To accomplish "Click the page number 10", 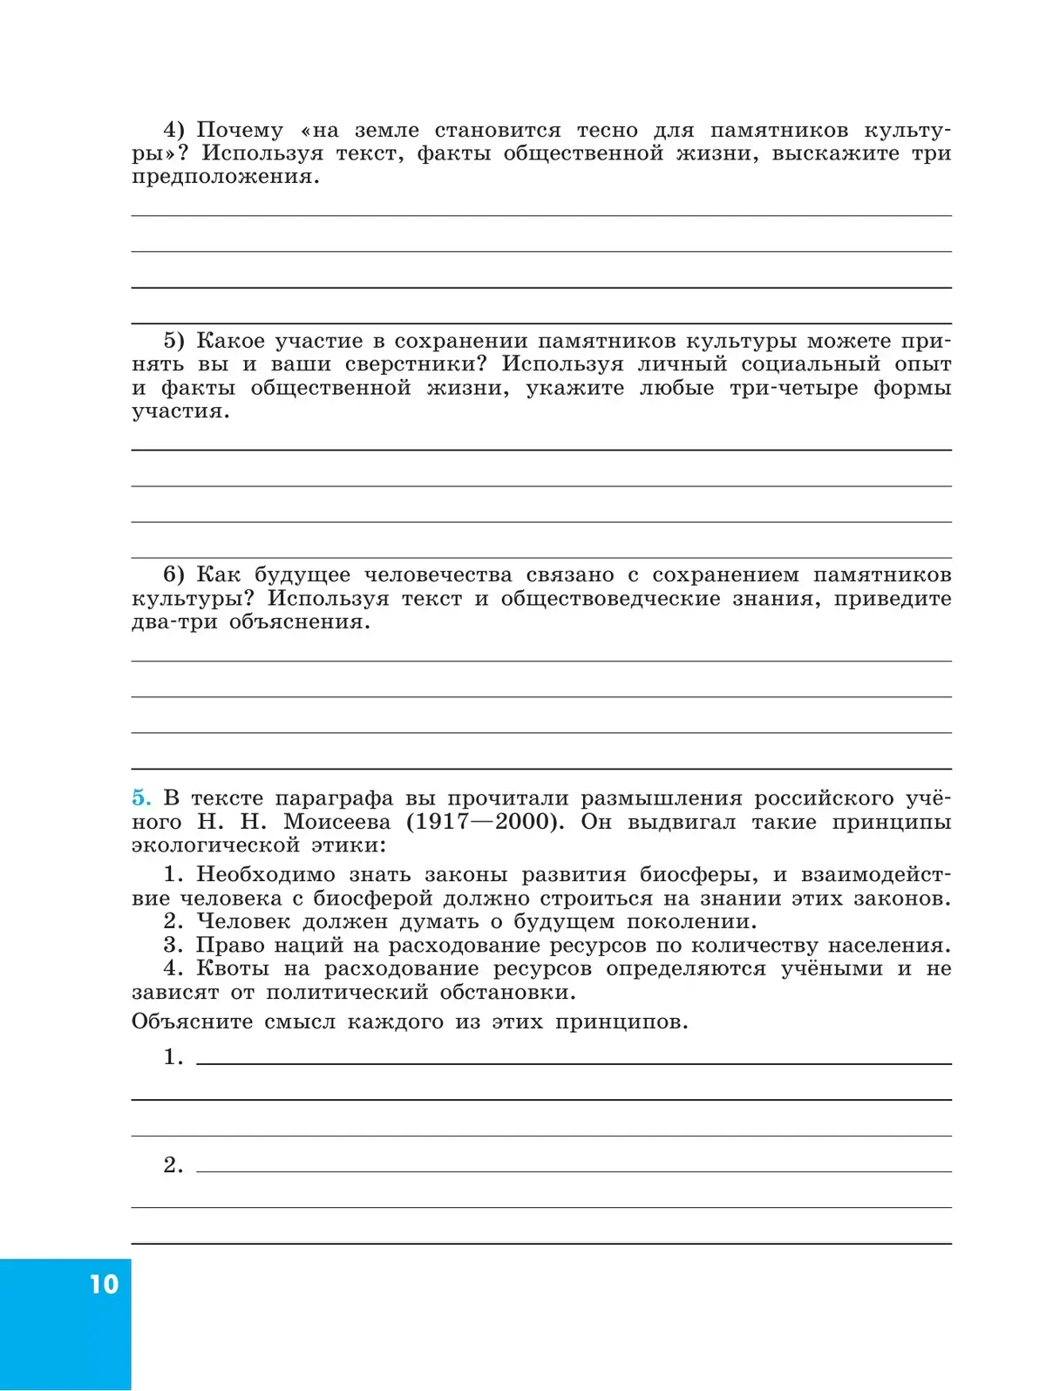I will [104, 1284].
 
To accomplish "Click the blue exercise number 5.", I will [141, 797].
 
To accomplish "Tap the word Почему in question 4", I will [240, 131].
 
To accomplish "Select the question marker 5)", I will [173, 341].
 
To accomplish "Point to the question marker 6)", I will [173, 574].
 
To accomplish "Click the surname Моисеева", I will [336, 821].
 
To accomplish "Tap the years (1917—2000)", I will [482, 821].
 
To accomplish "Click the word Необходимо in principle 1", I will [265, 874].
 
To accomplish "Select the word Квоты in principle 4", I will [233, 968].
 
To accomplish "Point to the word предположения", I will [225, 177].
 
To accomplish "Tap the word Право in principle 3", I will [228, 945].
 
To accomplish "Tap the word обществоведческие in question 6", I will [610, 598].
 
